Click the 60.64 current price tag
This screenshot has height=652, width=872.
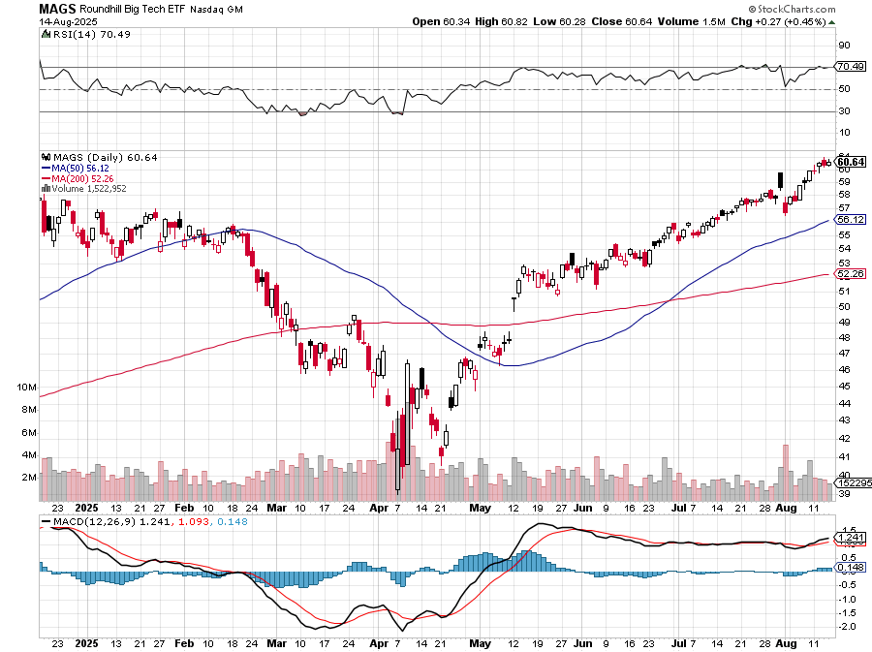(851, 161)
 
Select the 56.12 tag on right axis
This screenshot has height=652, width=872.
(851, 220)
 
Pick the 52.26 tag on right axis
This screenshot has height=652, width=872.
(851, 274)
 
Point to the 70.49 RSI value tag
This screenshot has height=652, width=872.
(851, 67)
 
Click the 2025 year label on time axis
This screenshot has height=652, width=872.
(86, 507)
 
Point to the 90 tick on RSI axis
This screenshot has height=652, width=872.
(844, 45)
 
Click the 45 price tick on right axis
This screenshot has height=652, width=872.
(844, 387)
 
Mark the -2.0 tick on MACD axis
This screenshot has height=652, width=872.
(845, 626)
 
